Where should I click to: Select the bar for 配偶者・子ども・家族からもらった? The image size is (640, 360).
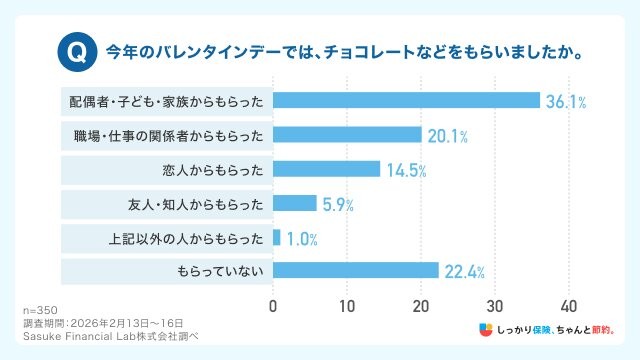point(406,101)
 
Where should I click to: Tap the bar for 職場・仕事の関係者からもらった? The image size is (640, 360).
point(347,135)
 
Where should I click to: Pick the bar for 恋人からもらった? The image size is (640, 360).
point(326,169)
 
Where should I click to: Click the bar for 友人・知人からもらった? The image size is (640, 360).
point(294,203)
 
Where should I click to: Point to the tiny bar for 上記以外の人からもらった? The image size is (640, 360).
point(277,237)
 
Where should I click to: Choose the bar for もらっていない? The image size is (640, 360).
point(355,271)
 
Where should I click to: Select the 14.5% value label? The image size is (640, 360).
point(406,170)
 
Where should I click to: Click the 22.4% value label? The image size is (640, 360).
point(465,272)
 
